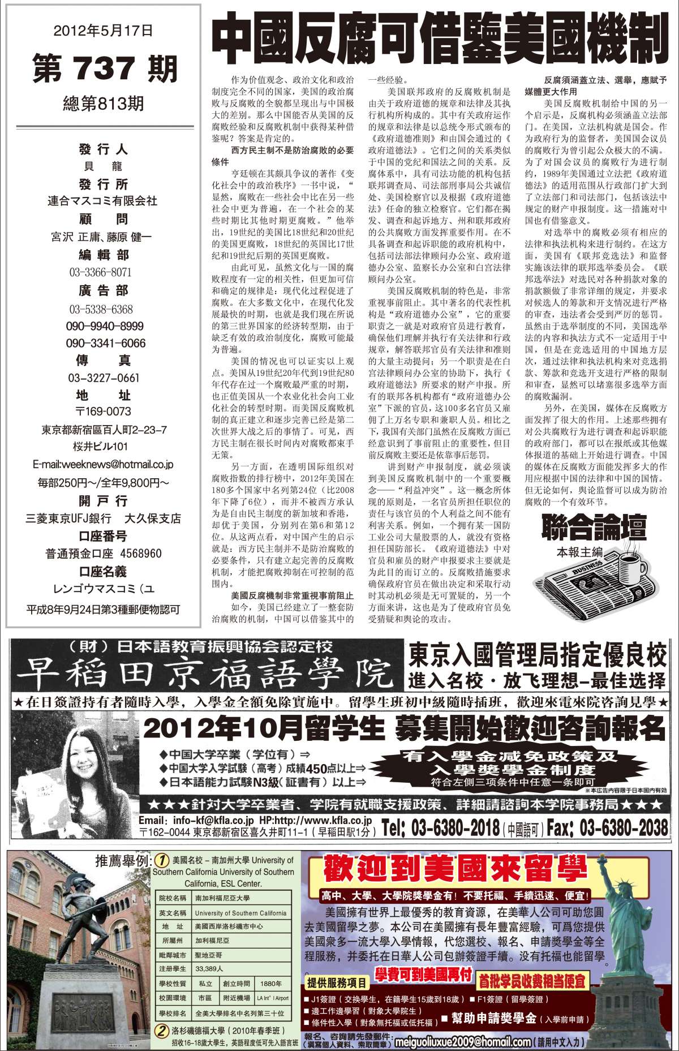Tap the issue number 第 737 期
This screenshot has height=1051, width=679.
pyautogui.click(x=105, y=69)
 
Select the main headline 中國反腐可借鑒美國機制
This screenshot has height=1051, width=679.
pyautogui.click(x=440, y=41)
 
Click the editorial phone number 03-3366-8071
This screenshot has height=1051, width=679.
pyautogui.click(x=101, y=272)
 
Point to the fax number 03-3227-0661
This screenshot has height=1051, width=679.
pyautogui.click(x=104, y=378)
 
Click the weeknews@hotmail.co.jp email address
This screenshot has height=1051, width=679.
pyautogui.click(x=103, y=465)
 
